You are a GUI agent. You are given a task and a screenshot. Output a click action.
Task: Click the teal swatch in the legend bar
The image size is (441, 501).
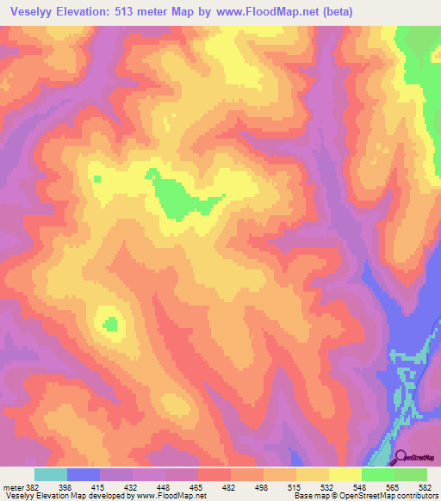(51, 475)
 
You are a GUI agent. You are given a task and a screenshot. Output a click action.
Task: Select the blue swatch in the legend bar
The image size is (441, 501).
(84, 475)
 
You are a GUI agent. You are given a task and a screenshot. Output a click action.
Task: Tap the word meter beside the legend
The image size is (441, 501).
(12, 488)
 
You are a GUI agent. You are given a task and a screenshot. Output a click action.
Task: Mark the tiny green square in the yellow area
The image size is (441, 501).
(97, 179)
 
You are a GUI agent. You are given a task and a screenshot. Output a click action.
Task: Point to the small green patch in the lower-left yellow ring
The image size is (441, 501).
(109, 324)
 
